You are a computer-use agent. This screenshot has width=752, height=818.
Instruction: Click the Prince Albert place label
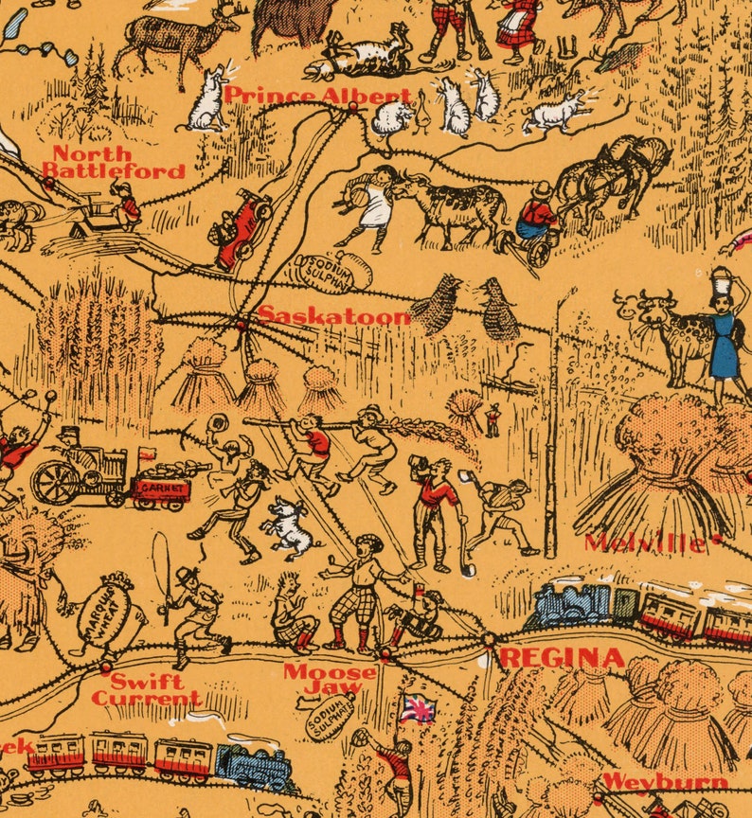[317, 96]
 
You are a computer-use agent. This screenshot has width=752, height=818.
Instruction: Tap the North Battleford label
[113, 163]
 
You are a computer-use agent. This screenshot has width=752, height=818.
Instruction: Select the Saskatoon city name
[334, 315]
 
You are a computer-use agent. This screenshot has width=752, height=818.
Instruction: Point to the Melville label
[645, 542]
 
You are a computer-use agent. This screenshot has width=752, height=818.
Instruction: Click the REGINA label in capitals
[562, 658]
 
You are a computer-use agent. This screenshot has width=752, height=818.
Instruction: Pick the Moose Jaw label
[331, 680]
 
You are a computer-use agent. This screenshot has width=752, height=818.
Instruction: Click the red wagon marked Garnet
[161, 488]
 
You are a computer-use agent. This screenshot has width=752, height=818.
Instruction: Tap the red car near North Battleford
[242, 227]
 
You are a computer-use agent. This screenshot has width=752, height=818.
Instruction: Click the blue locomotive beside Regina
[572, 607]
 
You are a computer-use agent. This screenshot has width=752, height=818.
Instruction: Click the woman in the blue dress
[725, 341]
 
